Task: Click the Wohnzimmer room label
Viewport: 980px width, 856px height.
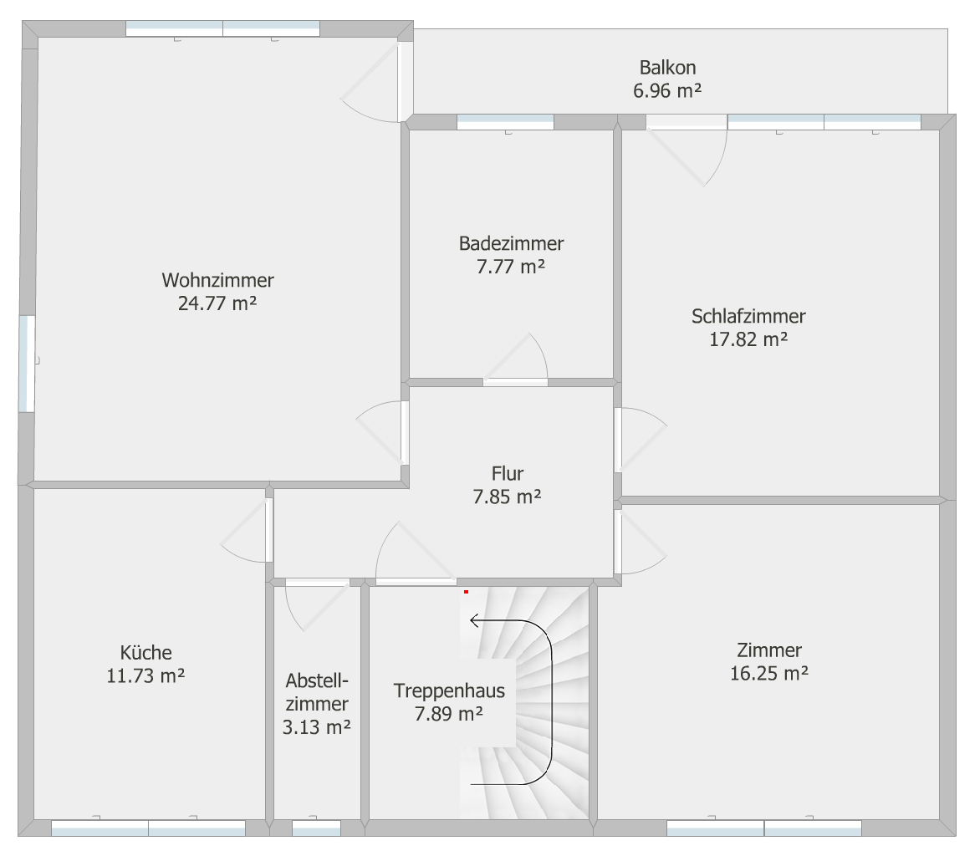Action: tap(217, 280)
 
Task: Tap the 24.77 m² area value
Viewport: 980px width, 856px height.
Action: tap(217, 303)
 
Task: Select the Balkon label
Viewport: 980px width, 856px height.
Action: tap(667, 67)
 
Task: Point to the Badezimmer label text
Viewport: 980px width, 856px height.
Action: tap(511, 243)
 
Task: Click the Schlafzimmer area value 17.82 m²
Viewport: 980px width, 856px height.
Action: tap(748, 339)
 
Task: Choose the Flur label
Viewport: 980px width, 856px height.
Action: tap(508, 473)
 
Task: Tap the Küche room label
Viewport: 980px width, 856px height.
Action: tap(145, 652)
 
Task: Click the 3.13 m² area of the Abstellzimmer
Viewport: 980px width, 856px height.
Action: tap(316, 727)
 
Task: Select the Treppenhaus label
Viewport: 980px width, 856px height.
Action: tap(449, 690)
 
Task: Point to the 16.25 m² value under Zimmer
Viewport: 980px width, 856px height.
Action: tap(769, 674)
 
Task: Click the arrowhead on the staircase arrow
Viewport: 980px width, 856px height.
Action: tap(474, 619)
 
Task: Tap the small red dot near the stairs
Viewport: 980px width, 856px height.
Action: tap(467, 592)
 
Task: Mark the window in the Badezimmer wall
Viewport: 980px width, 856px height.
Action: tap(505, 122)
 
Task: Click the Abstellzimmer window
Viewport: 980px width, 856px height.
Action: tap(316, 828)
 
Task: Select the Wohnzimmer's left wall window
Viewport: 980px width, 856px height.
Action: tap(27, 364)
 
